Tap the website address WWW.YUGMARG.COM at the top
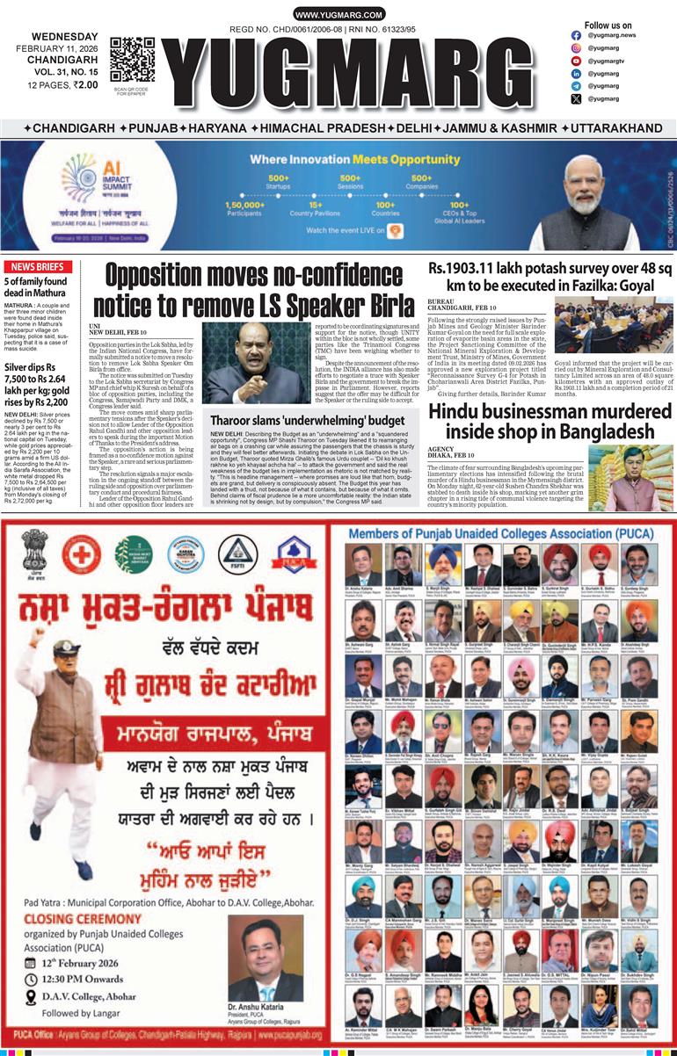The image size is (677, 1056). tap(338, 15)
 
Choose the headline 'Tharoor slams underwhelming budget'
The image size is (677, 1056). tap(307, 421)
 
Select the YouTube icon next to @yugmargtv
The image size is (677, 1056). tap(576, 61)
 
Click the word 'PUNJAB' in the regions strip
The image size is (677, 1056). tap(154, 128)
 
